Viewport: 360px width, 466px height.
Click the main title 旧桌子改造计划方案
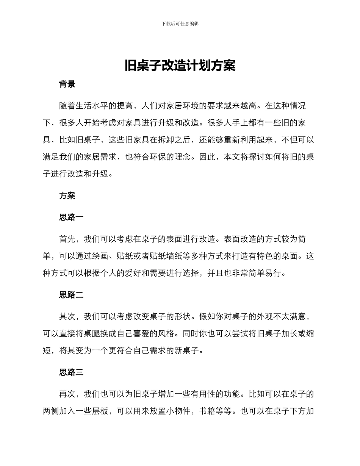(180, 66)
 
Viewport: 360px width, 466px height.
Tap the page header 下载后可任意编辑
(180, 23)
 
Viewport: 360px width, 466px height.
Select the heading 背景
(67, 84)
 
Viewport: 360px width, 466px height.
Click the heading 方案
(67, 195)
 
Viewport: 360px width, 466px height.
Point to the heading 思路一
(71, 217)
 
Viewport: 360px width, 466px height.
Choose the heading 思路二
(71, 295)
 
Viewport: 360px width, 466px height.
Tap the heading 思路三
(71, 372)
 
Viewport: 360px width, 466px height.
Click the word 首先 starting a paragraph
(67, 239)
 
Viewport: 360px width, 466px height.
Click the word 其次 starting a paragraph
(67, 317)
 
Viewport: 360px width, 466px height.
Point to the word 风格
(166, 334)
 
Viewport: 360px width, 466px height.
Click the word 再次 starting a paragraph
(67, 394)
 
